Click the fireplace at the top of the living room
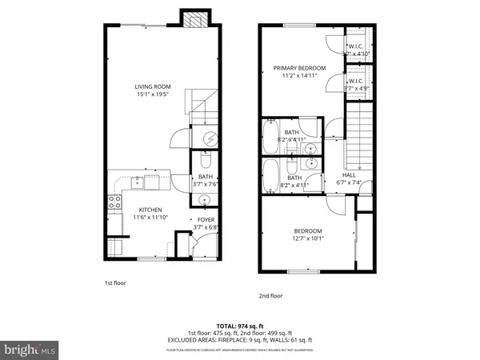coord(194,20)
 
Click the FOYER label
coord(206,219)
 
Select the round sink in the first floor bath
coord(206,200)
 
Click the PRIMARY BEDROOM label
coord(300,69)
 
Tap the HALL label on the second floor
coord(349,174)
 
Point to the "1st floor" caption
coord(114,282)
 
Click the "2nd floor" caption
coord(270,295)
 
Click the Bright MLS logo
coord(30,350)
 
